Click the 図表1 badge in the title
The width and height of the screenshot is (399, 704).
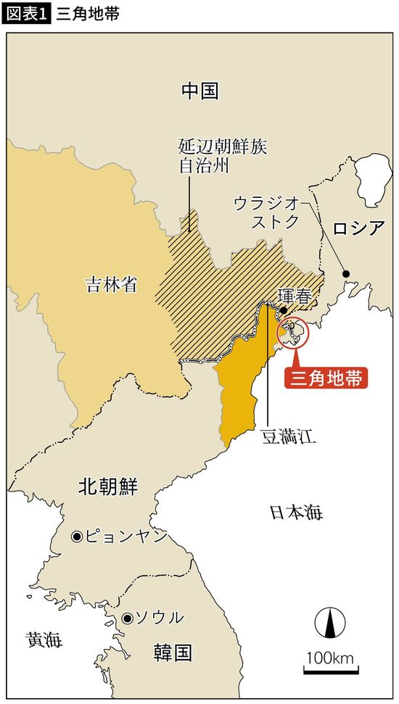27,15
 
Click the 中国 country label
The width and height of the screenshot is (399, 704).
199,91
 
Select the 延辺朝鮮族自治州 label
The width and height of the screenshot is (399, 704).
222,157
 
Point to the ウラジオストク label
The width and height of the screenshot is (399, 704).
266,212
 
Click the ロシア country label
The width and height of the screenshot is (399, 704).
358,229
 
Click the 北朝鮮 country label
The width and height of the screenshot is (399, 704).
107,486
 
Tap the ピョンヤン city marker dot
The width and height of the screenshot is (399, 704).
75,537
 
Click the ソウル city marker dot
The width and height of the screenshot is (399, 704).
127,618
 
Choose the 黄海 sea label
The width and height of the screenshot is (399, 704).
44,640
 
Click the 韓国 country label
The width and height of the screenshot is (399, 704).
173,653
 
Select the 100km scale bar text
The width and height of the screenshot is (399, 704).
329,658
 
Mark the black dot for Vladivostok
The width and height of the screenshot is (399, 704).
346,273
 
